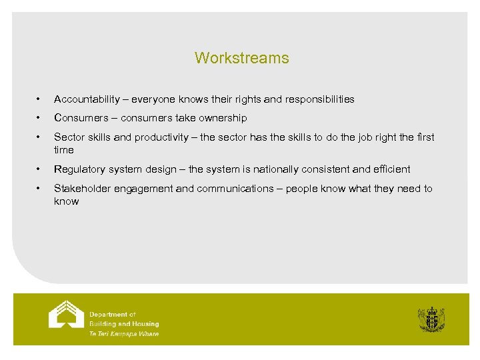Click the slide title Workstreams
tap(241, 58)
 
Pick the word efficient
tap(391, 169)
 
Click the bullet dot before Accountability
tap(41, 99)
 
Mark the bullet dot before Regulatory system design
tap(41, 169)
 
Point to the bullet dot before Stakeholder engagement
tap(41, 189)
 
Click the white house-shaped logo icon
tap(66, 315)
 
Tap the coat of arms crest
tap(431, 319)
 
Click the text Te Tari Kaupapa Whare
tap(124, 334)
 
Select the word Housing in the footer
tap(144, 324)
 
